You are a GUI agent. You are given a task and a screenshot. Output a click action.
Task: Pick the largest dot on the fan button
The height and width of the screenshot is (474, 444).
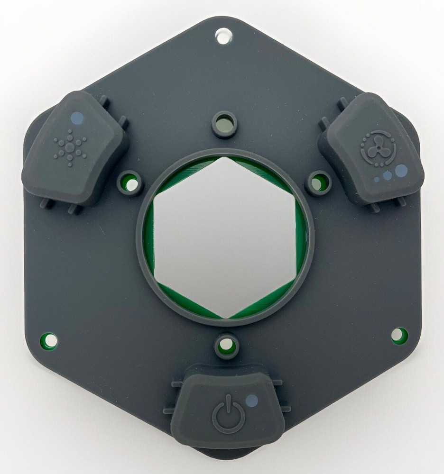tap(401, 170)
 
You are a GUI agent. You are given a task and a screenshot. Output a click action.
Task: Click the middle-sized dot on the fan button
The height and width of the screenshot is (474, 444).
tap(388, 175)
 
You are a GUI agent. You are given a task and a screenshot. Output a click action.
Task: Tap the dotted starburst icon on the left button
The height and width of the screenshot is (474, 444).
tap(70, 146)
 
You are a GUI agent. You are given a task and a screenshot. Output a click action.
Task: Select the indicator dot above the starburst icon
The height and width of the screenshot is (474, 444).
tap(75, 116)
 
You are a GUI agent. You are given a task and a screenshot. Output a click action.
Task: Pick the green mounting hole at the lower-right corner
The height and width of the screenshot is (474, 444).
tap(399, 335)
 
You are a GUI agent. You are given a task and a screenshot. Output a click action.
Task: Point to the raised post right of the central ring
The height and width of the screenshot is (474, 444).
tap(317, 182)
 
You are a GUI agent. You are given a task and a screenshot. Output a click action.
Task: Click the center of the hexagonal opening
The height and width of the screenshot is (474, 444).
tap(226, 238)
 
